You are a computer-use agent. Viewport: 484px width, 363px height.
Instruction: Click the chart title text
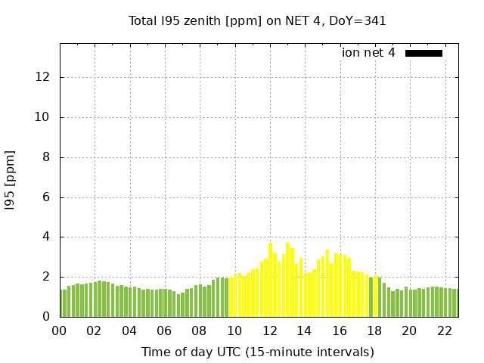257,21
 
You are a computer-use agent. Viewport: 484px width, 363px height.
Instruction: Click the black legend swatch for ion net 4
423,53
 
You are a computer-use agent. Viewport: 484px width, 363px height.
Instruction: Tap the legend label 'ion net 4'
368,53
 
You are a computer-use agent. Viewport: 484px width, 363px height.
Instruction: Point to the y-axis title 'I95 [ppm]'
11,180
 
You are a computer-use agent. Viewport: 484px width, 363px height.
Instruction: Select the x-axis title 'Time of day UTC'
257,352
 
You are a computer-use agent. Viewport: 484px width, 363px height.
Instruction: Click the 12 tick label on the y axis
43,77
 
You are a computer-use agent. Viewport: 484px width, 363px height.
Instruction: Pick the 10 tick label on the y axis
43,117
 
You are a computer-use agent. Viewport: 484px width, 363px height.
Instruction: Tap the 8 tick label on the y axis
46,157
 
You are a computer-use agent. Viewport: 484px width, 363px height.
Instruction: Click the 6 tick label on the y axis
46,197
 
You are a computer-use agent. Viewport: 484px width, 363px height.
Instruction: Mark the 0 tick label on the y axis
46,317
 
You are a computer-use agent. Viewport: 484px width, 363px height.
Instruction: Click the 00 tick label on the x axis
59,331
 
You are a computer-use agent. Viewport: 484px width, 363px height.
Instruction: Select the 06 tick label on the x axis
164,331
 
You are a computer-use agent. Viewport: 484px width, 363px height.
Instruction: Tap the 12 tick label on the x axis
269,331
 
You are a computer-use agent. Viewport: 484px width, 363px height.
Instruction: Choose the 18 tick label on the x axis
374,331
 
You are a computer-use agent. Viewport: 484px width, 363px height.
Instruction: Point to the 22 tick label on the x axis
445,331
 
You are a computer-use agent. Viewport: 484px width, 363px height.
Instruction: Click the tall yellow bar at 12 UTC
270,280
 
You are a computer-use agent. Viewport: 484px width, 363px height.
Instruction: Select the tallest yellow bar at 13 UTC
287,280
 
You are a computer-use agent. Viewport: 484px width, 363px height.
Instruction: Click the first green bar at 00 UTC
62,303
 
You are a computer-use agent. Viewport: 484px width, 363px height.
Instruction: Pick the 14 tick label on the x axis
304,331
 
